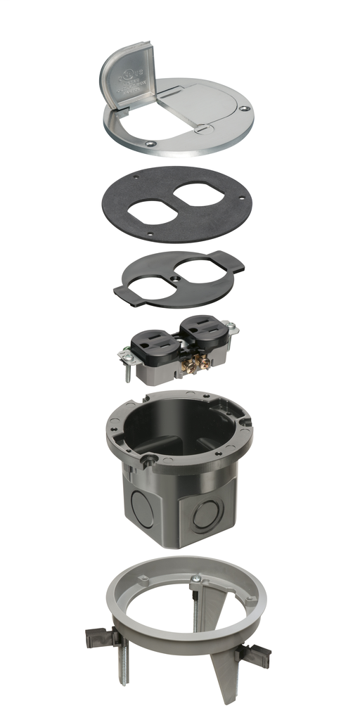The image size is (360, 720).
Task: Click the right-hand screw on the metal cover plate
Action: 242,110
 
